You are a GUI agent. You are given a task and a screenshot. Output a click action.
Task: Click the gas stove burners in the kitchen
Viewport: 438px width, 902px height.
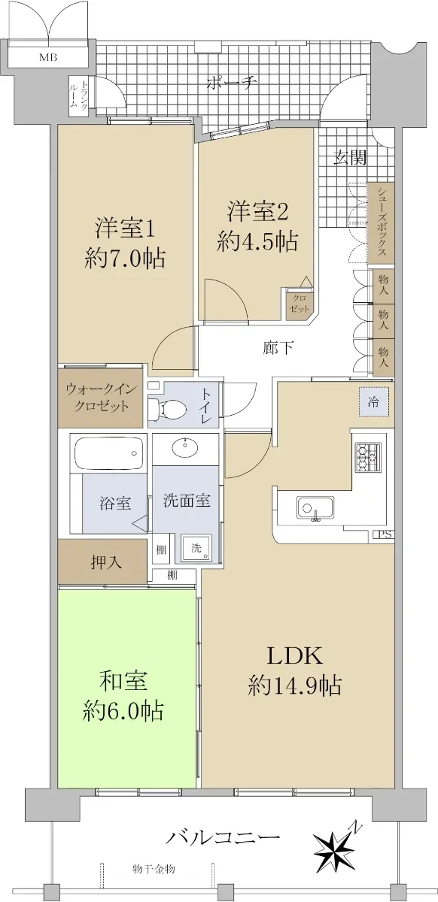point(368,457)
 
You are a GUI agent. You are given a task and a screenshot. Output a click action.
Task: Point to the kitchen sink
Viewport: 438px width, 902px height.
point(315,508)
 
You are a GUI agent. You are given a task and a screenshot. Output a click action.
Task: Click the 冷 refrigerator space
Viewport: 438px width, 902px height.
point(374,401)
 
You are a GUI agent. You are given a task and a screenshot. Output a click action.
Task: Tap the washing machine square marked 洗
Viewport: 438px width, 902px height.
point(196,548)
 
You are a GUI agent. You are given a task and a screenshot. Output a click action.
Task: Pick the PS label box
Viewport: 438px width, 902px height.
point(385,534)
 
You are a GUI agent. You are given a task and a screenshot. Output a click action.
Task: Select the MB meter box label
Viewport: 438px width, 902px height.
point(48,57)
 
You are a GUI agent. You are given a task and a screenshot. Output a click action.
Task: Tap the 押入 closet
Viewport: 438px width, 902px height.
point(102,562)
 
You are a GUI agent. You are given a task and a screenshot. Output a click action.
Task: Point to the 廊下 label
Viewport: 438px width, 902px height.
point(278,348)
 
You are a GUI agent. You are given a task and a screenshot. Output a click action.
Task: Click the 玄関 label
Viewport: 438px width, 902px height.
point(350,158)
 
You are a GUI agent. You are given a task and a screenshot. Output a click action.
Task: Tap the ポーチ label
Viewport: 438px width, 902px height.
point(232,83)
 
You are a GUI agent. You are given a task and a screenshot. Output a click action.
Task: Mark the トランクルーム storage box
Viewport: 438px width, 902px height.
point(78,96)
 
